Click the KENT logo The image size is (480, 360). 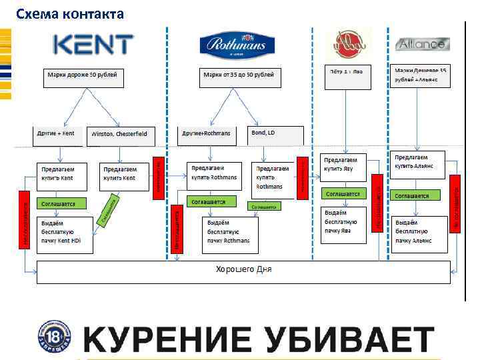pos(93,45)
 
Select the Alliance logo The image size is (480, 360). pos(423,45)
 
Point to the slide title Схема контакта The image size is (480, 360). pos(70,13)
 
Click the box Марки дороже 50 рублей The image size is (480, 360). pos(82,77)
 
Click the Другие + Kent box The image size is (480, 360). pos(59,135)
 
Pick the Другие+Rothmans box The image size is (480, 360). pos(207,135)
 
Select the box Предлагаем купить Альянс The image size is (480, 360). pos(419,164)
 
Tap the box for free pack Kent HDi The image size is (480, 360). pos(65,234)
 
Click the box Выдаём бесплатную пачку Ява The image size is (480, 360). pos(344,225)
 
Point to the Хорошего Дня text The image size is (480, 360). pos(243,269)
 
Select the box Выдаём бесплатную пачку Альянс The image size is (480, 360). pos(418,234)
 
